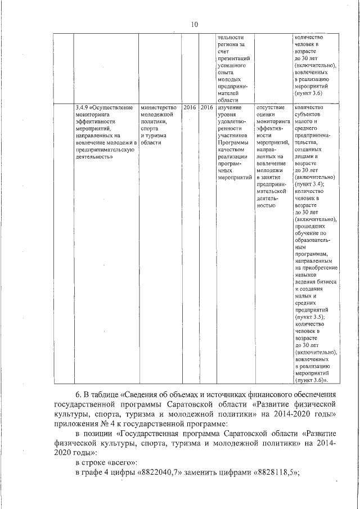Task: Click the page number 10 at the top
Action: [195, 24]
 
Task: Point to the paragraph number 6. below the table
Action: [79, 393]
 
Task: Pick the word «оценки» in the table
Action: [265, 114]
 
